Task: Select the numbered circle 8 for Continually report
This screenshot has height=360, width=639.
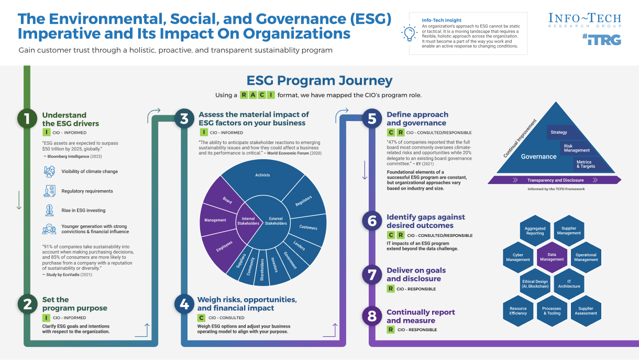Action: (372, 316)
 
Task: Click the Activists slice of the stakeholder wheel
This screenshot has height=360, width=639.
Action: (262, 175)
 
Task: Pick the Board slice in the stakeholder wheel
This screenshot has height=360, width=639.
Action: (227, 200)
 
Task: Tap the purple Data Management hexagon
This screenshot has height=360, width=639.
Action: (552, 257)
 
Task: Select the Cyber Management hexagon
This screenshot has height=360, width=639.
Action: (517, 257)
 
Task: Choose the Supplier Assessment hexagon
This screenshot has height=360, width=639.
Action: (586, 311)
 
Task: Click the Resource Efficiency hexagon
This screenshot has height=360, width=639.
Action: (518, 311)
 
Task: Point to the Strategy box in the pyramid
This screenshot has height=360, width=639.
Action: (559, 132)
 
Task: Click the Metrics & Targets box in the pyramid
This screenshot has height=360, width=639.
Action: (585, 164)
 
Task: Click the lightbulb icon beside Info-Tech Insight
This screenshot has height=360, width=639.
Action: (409, 33)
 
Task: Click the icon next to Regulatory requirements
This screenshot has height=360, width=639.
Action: (50, 191)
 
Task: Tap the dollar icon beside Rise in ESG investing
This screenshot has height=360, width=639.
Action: (50, 210)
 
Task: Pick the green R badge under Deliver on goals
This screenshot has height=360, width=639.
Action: (391, 288)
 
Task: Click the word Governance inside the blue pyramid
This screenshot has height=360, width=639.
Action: (538, 156)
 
